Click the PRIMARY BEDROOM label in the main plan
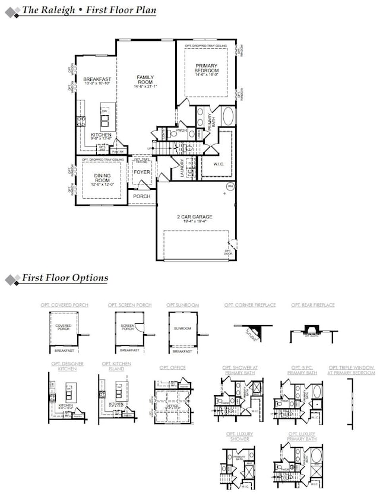point(205,69)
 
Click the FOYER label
point(141,172)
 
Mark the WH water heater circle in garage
point(229,186)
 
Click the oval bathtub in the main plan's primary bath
point(227,116)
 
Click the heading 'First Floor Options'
point(65,278)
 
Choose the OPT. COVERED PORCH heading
point(64,305)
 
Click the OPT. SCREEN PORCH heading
point(129,305)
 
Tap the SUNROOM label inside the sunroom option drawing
point(182,328)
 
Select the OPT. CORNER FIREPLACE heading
point(249,305)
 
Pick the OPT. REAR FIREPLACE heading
point(312,305)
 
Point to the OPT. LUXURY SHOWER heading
point(239,437)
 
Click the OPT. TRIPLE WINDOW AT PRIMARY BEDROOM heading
point(352,370)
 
